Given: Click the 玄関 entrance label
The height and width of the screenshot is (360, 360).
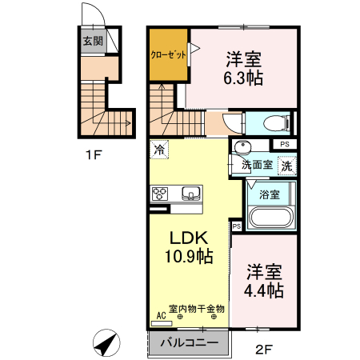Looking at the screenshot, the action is [93, 41].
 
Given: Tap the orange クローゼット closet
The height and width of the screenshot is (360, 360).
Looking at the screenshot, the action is [169, 54].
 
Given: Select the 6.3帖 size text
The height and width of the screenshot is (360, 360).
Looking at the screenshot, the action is [243, 78].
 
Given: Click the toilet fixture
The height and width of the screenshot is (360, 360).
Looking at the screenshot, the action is [277, 123].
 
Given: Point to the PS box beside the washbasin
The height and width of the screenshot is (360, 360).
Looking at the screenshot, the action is [285, 144].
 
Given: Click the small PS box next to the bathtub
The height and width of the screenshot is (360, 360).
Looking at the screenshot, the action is [237, 226].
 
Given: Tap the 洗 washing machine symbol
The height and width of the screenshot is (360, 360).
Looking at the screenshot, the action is [287, 166].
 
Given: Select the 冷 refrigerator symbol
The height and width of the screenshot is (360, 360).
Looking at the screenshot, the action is [159, 150].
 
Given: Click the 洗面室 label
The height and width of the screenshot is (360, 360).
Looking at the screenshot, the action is [257, 165].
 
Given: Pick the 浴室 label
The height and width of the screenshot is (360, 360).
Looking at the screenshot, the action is [270, 194].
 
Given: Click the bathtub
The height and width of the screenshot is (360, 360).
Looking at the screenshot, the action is [270, 218].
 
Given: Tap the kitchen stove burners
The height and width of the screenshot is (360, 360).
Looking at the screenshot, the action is [160, 194].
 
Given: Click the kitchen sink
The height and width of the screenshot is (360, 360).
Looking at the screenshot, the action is [191, 193].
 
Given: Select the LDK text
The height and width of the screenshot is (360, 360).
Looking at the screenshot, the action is [189, 238].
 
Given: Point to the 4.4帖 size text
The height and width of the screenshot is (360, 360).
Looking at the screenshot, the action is [264, 290].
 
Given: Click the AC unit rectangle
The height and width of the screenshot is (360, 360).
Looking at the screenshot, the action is [162, 323].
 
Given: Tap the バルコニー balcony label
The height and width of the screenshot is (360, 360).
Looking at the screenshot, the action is [190, 342].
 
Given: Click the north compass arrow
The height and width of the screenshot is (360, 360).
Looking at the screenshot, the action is [106, 343].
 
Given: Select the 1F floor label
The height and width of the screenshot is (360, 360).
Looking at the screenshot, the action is [94, 155].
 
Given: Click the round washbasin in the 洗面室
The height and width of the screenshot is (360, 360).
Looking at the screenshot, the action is [242, 146].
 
